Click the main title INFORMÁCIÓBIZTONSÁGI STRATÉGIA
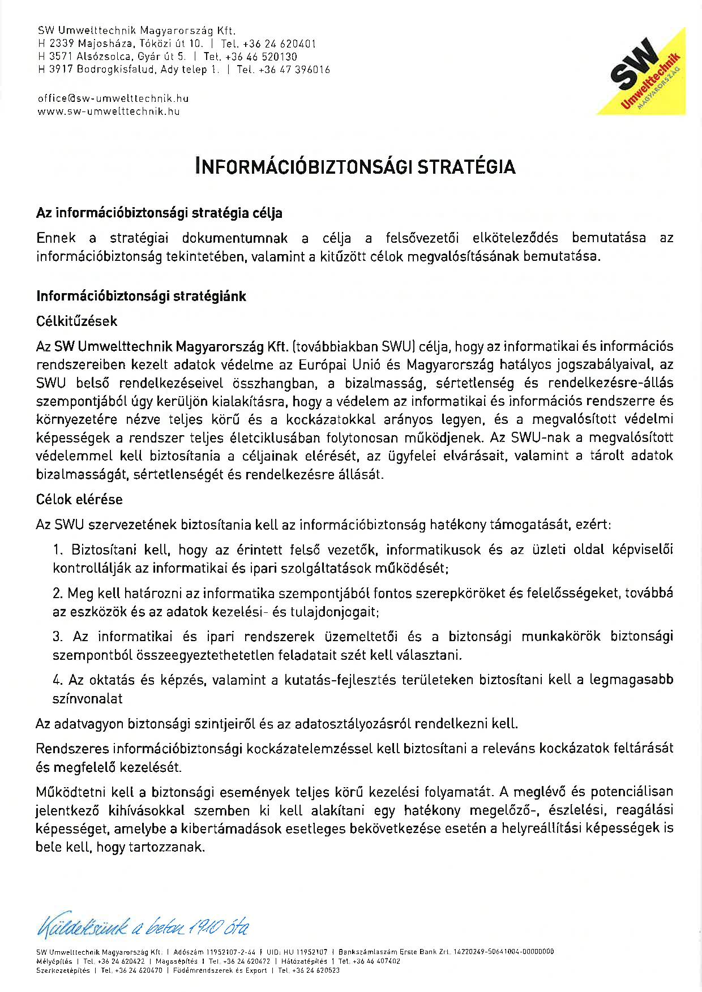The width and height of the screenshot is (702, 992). pos(355,166)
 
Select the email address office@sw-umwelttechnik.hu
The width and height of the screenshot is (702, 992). pos(113,98)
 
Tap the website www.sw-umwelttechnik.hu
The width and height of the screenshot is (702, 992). pos(108,111)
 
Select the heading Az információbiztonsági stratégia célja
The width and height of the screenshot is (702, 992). pos(159,213)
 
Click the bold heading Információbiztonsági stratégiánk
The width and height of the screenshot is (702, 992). pos(141,296)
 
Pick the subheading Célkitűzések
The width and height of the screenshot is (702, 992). pos(76,321)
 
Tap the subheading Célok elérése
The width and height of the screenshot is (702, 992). pos(79,500)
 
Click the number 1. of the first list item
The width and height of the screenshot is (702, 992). pos(57,549)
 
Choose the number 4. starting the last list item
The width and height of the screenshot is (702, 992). pos(57,680)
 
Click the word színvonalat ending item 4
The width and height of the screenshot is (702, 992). pos(87,699)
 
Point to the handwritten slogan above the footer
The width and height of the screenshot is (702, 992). pos(142,926)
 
